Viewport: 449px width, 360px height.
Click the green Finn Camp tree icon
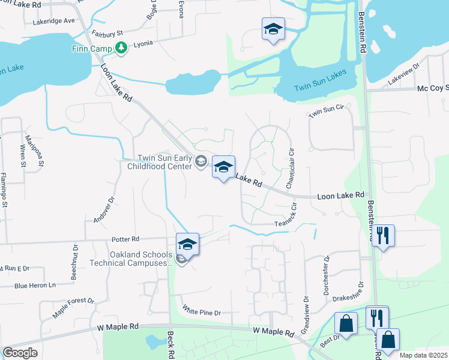[x=121, y=47]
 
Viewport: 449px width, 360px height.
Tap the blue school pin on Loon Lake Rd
[x=223, y=167]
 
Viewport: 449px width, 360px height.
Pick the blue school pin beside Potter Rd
[x=187, y=245]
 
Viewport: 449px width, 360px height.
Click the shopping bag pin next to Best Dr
[x=346, y=325]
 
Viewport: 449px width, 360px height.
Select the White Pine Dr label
[x=202, y=313]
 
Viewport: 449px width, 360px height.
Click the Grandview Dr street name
[x=306, y=317]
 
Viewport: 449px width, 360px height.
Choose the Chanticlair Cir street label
[x=289, y=170]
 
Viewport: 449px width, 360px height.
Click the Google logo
[x=20, y=353]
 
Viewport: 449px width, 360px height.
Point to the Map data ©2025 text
[x=423, y=355]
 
